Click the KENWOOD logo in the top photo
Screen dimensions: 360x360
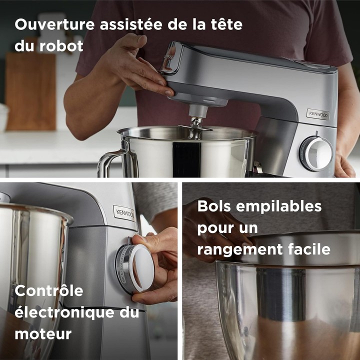tap(318, 114)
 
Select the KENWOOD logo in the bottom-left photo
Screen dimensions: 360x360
tap(124, 213)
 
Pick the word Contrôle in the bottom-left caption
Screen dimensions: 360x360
tap(48, 290)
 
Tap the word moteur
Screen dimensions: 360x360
tap(43, 333)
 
